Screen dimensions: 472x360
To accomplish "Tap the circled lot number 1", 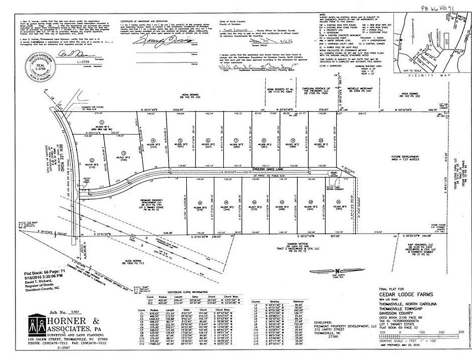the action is tap(102, 121).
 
